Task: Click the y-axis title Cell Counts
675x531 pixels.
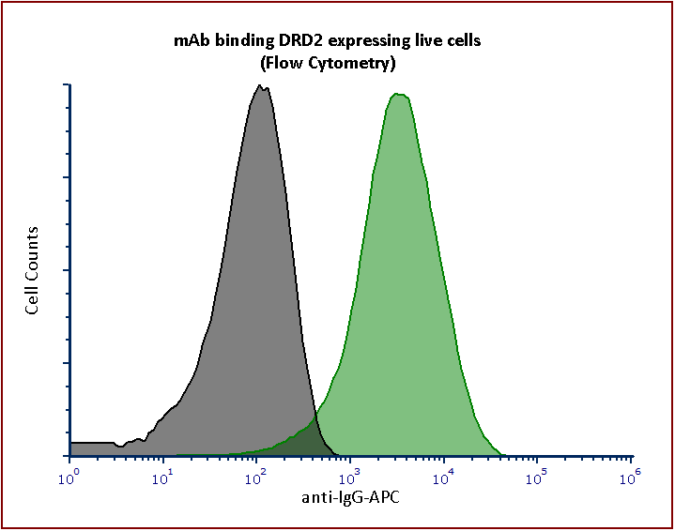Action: (33, 270)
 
